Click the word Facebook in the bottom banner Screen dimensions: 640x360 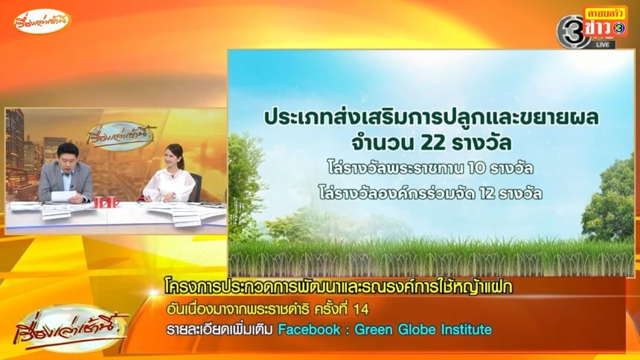point(309,330)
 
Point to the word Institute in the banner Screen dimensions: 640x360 point(466,330)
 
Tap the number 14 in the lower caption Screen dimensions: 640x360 point(361,309)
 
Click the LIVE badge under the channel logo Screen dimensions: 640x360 point(603,44)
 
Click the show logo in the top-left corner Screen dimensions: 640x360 point(42,21)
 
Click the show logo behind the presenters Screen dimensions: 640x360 point(121,136)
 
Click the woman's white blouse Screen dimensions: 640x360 point(169,186)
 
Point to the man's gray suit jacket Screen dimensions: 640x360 point(65,181)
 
